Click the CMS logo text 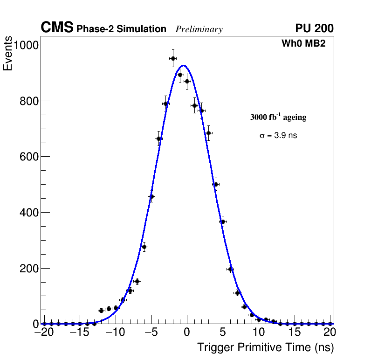pos(57,28)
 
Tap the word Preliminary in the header pos(199,29)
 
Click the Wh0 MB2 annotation pos(303,44)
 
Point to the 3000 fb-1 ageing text pos(278,117)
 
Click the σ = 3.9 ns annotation pos(278,136)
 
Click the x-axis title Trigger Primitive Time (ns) pos(266,347)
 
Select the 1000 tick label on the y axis pos(26,45)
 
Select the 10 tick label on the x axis pos(259,332)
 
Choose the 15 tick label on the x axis pos(295,332)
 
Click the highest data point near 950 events pos(173,58)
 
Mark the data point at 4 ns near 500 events pos(216,184)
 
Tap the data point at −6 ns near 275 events pos(144,247)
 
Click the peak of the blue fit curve pos(184,66)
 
